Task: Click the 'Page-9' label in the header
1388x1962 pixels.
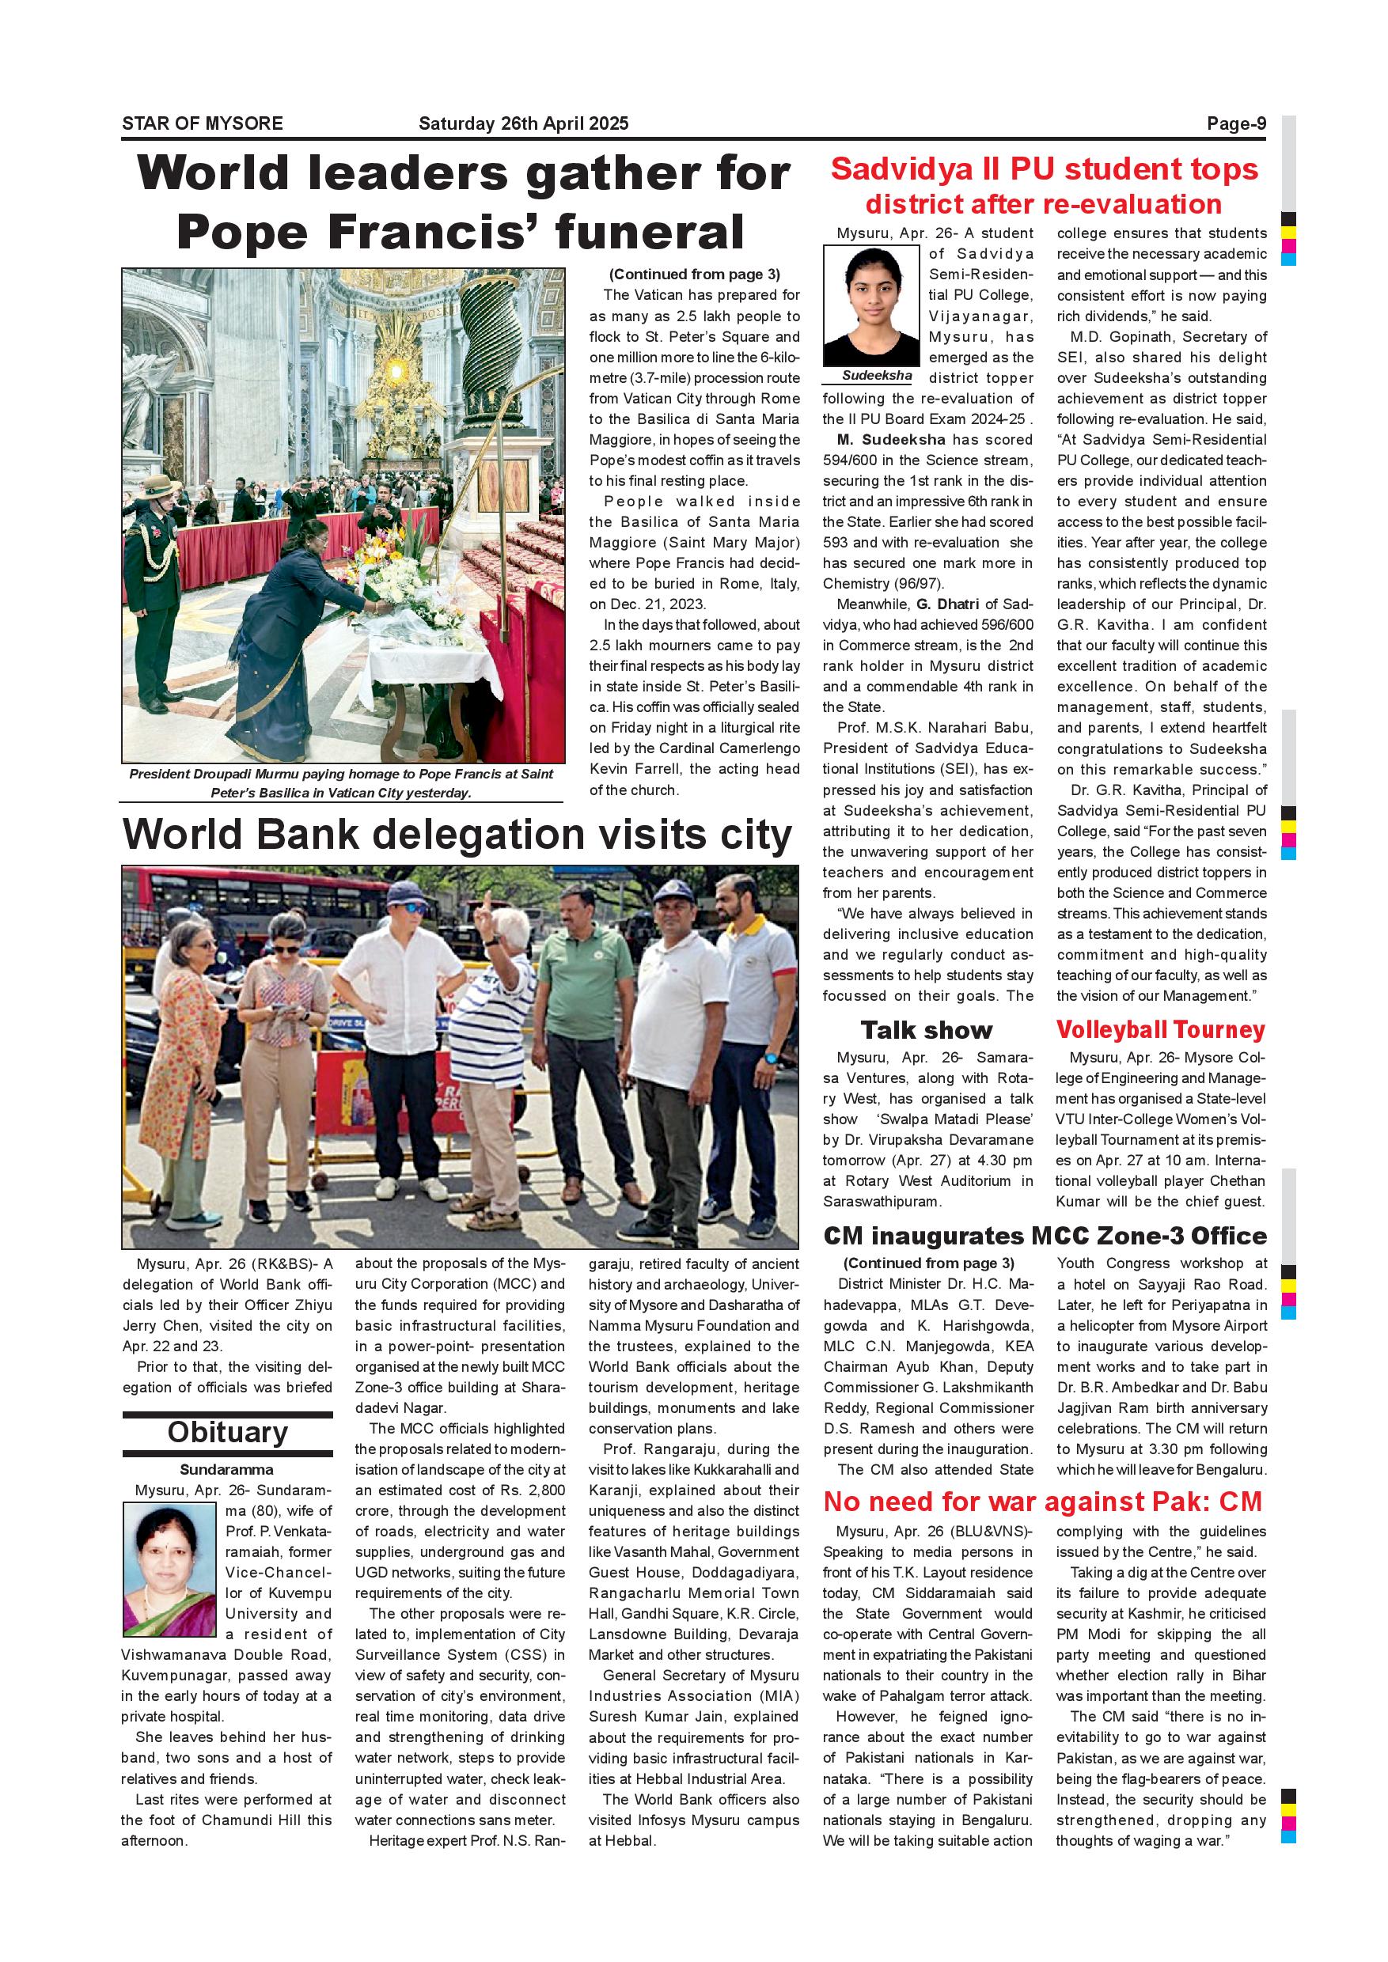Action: [1236, 123]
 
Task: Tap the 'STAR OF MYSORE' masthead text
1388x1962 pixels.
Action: [203, 123]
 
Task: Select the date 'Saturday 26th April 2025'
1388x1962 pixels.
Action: [523, 123]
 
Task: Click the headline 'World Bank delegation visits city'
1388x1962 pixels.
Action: [457, 835]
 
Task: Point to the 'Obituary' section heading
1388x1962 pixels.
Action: [227, 1431]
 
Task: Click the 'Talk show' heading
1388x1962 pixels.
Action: [927, 1030]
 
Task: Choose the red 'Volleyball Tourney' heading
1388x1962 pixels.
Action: [1161, 1030]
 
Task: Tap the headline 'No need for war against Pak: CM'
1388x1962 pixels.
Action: [1043, 1502]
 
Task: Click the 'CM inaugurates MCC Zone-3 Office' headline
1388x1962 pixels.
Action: [1045, 1236]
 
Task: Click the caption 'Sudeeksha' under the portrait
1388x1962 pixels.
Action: [877, 376]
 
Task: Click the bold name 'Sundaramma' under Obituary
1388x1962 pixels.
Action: [226, 1470]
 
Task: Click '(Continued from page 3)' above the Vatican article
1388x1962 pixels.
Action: [694, 275]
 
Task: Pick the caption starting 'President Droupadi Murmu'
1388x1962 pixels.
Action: [341, 782]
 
